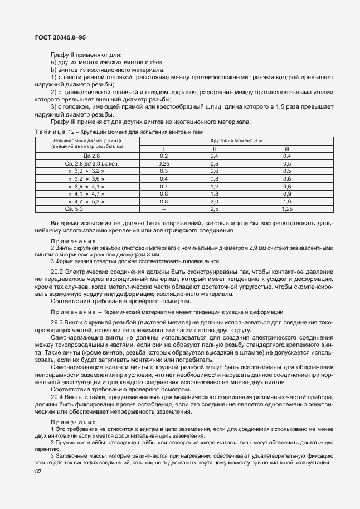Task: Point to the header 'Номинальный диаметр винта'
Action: pos(83,142)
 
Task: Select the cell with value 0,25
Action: pos(164,163)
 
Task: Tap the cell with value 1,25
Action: pos(287,209)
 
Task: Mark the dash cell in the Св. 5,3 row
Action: pos(164,209)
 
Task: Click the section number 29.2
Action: pos(57,271)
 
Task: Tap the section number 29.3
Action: pos(57,323)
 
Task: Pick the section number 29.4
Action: pos(57,396)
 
